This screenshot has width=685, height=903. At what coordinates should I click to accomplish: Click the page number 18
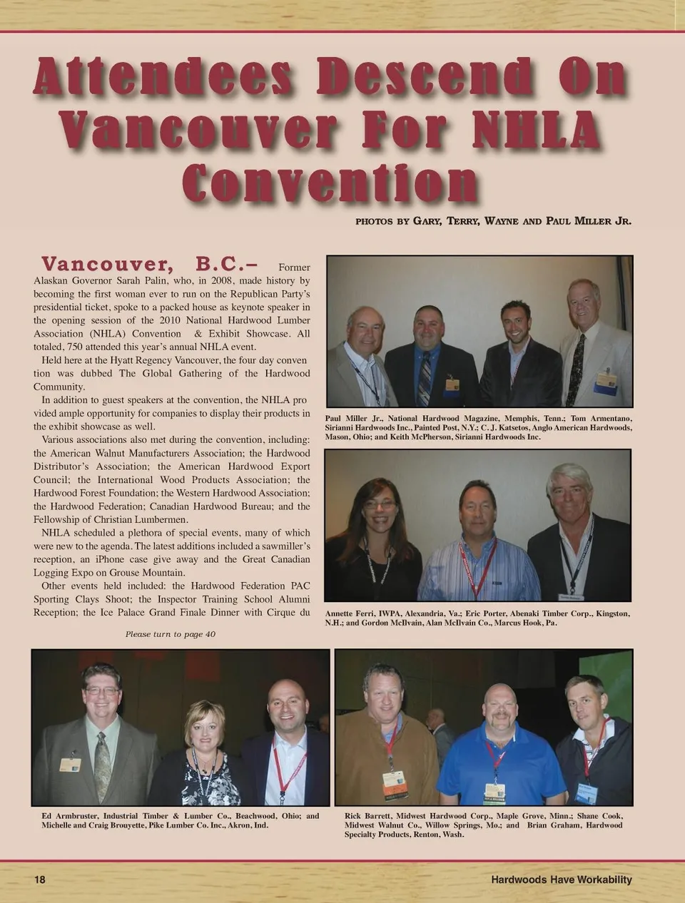point(40,879)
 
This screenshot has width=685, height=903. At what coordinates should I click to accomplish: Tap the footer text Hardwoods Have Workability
point(561,879)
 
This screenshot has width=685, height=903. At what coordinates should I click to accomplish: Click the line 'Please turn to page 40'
point(171,634)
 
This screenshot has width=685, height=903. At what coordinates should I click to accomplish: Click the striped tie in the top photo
point(425,377)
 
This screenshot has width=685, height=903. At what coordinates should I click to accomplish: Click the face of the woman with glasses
point(378,508)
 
